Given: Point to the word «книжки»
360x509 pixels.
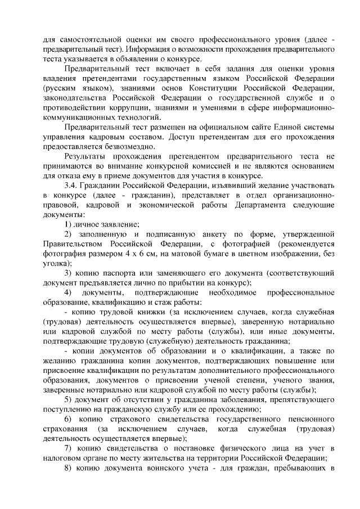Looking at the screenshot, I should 150,312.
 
